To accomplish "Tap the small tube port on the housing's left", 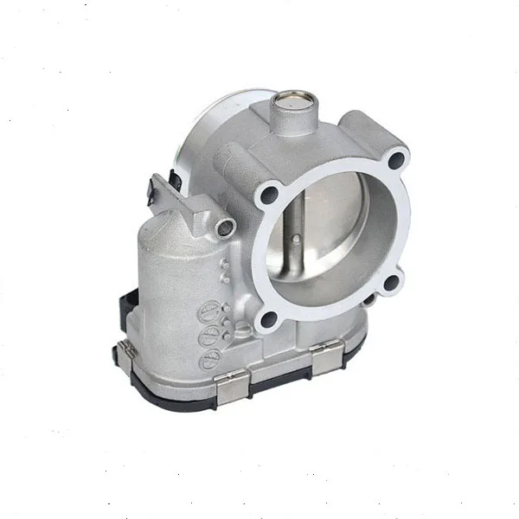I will pyautogui.click(x=226, y=227).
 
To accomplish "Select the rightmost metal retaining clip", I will pyautogui.click(x=325, y=356).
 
